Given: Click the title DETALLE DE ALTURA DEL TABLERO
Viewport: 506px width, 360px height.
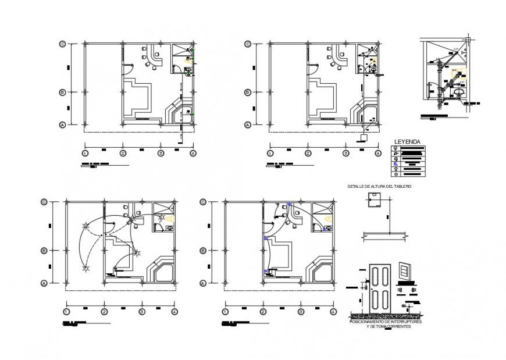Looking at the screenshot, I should click(x=379, y=186).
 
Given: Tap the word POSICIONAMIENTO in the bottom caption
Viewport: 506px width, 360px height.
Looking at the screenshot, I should click(x=368, y=322).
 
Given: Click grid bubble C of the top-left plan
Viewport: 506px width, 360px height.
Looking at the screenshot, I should click(x=62, y=44).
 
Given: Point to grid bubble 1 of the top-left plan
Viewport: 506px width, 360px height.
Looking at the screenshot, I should click(x=85, y=153).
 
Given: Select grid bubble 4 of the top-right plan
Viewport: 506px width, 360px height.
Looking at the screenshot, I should click(x=378, y=153).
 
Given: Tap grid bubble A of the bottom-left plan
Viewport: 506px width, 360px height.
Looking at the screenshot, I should click(x=44, y=283).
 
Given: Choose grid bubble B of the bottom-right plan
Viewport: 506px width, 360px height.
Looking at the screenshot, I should click(x=202, y=251).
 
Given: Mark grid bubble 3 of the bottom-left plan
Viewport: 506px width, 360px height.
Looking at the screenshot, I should click(x=141, y=312).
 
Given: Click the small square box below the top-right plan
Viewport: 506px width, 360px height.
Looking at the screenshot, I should click(x=364, y=138).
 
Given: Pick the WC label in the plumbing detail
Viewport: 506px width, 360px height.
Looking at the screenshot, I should click(x=454, y=70).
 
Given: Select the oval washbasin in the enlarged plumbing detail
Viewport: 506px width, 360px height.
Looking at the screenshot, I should click(x=459, y=91).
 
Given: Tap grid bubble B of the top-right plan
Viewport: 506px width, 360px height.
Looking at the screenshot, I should click(x=248, y=92).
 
